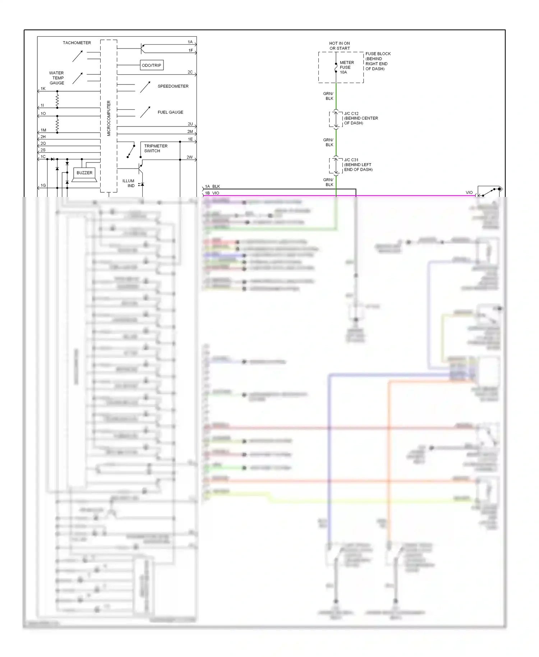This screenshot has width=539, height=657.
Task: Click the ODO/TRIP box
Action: coord(151,65)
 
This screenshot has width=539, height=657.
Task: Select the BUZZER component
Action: coord(84,173)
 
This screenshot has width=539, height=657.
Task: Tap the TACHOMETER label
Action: coord(77,43)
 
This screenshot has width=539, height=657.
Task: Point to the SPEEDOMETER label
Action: coord(173,86)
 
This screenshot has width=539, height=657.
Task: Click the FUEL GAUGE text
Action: coord(170,112)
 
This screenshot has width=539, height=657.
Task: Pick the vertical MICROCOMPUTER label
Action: coord(109,118)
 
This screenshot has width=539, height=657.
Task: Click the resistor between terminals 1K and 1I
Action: coord(57,100)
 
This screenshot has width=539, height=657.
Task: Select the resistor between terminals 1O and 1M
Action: coord(57,124)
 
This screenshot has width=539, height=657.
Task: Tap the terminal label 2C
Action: coord(190,72)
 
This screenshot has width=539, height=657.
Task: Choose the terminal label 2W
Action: coord(189,157)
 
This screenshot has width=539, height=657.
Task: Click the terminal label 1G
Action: coord(43,185)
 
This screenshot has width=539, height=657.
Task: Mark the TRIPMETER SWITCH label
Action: coord(156,148)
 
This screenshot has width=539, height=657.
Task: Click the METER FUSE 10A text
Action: coord(346,67)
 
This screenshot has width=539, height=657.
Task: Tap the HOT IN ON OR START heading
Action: coord(339,46)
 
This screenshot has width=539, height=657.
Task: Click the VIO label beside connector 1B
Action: coord(216,193)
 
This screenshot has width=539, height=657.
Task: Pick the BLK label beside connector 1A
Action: coord(216,187)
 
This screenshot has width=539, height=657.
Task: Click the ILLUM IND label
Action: coord(129,183)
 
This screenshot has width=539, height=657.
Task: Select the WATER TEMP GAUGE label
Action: coord(57,78)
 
